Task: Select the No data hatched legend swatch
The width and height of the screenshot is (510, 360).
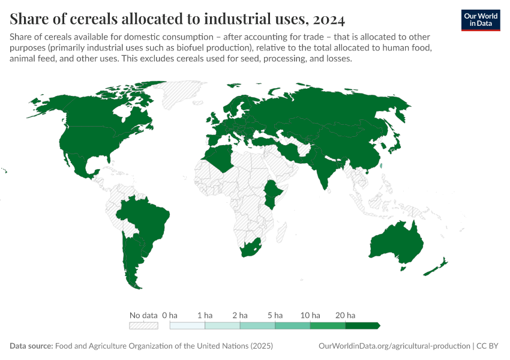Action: [143, 326]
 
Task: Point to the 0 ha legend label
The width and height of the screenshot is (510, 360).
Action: [170, 315]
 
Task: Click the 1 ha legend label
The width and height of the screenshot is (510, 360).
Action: [205, 315]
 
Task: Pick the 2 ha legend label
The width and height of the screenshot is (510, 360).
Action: [240, 315]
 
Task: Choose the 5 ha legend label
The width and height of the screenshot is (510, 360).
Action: [275, 315]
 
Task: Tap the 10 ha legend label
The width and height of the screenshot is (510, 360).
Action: [310, 315]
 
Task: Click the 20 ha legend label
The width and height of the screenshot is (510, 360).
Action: [346, 315]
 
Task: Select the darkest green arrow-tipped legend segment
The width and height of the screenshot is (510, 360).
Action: [362, 326]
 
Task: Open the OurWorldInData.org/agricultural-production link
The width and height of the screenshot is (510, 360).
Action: [393, 346]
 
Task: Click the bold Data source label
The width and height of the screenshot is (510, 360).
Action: [31, 346]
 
